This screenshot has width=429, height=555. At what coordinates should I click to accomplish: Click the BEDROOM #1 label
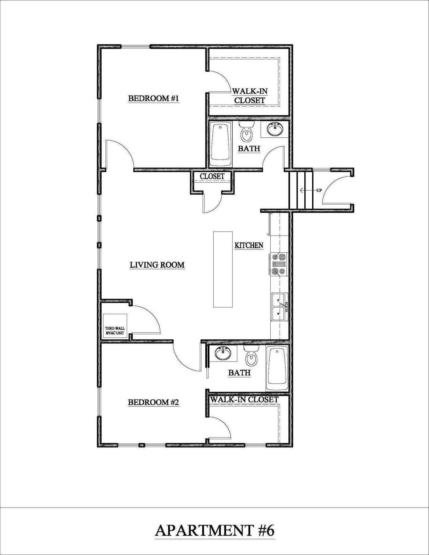point(154,99)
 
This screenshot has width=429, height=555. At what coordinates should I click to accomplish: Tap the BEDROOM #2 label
point(153,402)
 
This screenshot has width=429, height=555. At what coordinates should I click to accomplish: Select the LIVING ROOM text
point(157,265)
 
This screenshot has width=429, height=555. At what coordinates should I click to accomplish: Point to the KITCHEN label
point(249,245)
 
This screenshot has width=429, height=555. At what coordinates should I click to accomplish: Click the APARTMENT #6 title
point(215,530)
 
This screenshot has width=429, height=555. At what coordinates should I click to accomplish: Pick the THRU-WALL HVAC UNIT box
point(115,326)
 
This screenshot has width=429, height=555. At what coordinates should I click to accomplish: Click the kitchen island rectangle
point(223,269)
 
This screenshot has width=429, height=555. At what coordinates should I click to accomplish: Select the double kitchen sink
point(279,307)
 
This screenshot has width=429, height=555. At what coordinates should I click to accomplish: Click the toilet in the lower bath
point(251,356)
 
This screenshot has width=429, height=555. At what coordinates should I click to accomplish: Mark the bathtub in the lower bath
point(277,368)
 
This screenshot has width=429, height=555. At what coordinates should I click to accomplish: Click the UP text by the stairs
point(319,190)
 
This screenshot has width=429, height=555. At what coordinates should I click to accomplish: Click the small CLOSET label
point(212,176)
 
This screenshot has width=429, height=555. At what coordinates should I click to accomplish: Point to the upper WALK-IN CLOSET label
point(250,96)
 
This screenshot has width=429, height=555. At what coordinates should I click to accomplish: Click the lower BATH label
point(239,373)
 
